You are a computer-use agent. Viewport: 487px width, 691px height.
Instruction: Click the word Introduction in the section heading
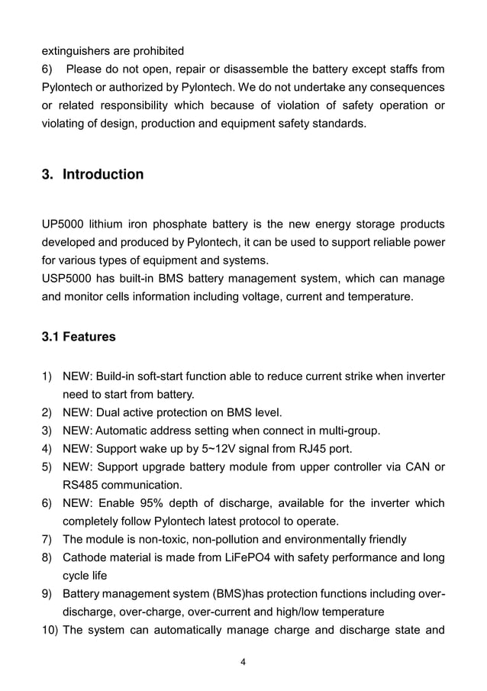click(103, 175)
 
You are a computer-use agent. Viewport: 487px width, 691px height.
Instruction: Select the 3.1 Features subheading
click(79, 337)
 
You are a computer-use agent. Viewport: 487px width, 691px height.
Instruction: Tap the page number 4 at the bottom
click(243, 662)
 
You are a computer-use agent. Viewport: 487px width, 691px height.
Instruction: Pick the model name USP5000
click(68, 279)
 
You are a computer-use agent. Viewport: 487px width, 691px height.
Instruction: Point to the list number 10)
click(50, 631)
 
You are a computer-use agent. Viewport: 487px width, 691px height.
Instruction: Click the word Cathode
click(85, 557)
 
